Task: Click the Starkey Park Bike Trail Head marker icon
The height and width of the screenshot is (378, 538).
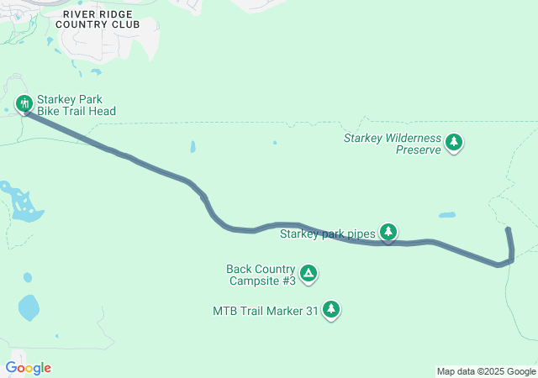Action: point(24,103)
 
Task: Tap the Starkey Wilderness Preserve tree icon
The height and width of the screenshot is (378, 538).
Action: point(454,142)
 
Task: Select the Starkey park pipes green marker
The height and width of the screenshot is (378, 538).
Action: point(388,231)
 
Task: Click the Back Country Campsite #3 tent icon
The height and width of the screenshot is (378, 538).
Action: point(309,273)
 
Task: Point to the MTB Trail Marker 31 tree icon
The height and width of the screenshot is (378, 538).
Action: point(332,309)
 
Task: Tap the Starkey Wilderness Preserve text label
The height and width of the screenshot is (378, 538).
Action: point(393,144)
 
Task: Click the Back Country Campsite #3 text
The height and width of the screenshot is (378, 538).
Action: point(261,275)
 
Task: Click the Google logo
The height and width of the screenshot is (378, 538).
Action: point(29,368)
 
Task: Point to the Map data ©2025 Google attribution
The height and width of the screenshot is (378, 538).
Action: point(485,371)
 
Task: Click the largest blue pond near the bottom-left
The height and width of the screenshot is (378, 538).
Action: point(29,307)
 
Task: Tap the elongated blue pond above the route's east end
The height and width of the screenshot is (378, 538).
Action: point(447,214)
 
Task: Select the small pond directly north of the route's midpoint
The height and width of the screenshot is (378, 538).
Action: point(194,147)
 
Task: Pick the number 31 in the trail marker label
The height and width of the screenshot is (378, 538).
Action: point(312,311)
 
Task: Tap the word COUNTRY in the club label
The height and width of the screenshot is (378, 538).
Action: point(82,24)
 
